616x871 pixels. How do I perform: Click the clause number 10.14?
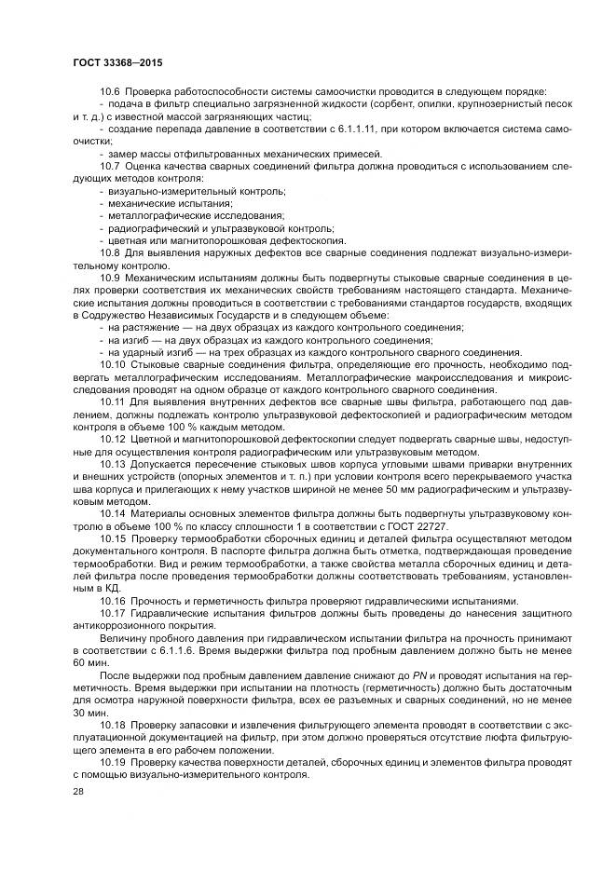(x=113, y=512)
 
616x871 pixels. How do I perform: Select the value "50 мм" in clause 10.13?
(x=364, y=487)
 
